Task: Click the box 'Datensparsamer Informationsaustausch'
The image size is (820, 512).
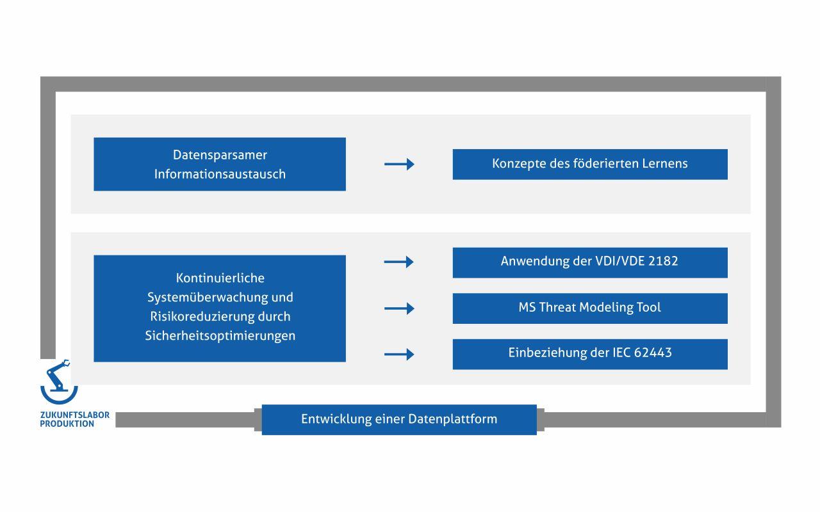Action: pyautogui.click(x=220, y=164)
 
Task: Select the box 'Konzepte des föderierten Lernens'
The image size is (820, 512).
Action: pyautogui.click(x=590, y=164)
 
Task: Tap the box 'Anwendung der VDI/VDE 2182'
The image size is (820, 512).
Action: pyautogui.click(x=590, y=262)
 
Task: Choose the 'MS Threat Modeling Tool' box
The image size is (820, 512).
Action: pyautogui.click(x=590, y=308)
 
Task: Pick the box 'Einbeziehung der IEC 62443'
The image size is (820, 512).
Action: pyautogui.click(x=590, y=354)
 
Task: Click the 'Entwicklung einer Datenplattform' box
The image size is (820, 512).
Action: pyautogui.click(x=399, y=419)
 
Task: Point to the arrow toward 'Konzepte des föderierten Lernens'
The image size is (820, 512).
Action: pyautogui.click(x=399, y=164)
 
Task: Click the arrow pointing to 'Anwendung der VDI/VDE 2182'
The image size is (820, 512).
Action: pyautogui.click(x=399, y=262)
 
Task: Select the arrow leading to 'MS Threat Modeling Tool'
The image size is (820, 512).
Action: pyautogui.click(x=399, y=308)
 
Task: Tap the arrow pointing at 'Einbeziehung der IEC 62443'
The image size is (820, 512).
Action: pyautogui.click(x=399, y=354)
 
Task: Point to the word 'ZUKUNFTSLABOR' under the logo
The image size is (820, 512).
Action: pyautogui.click(x=75, y=415)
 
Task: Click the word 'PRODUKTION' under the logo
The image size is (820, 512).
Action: pyautogui.click(x=67, y=424)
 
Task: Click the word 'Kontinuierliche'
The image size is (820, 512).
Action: pyautogui.click(x=220, y=278)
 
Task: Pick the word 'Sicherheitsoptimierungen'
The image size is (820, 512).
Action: pyautogui.click(x=220, y=336)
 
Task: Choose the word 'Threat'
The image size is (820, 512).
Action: pyautogui.click(x=557, y=307)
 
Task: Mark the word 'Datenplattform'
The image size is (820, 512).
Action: pyautogui.click(x=453, y=419)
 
